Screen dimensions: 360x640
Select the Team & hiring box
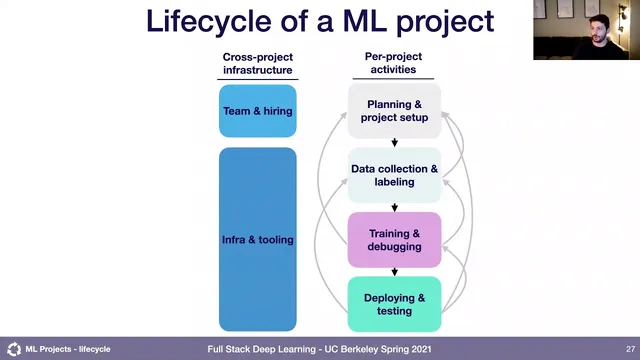(258, 111)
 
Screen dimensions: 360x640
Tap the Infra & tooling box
(258, 239)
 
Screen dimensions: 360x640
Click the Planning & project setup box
(394, 111)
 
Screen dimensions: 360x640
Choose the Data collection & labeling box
(394, 175)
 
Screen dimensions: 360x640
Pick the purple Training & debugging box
(394, 240)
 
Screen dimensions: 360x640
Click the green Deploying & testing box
(394, 304)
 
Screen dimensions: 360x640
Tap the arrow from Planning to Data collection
(394, 142)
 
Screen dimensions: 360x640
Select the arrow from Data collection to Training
(394, 206)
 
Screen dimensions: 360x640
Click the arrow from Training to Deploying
(394, 271)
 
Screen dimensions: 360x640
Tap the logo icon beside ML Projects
(13, 349)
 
